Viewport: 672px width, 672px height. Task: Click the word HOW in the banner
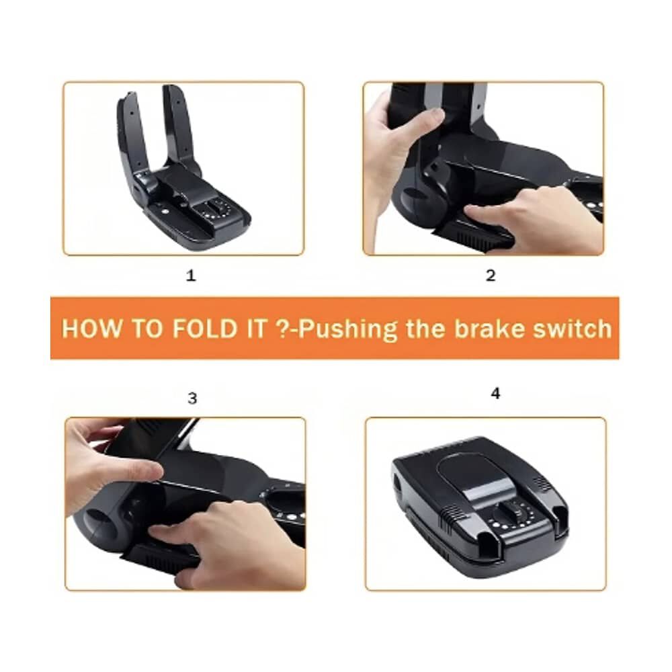click(x=91, y=329)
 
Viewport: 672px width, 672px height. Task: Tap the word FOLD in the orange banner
click(x=205, y=329)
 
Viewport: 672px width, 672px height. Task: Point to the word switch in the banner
click(x=572, y=329)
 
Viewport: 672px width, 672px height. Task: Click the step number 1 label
click(x=191, y=276)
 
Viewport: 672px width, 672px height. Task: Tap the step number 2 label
click(x=491, y=275)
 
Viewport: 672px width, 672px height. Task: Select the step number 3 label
click(x=192, y=398)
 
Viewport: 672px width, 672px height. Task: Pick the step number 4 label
click(x=495, y=393)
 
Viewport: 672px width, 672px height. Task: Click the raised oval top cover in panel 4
click(x=475, y=476)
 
